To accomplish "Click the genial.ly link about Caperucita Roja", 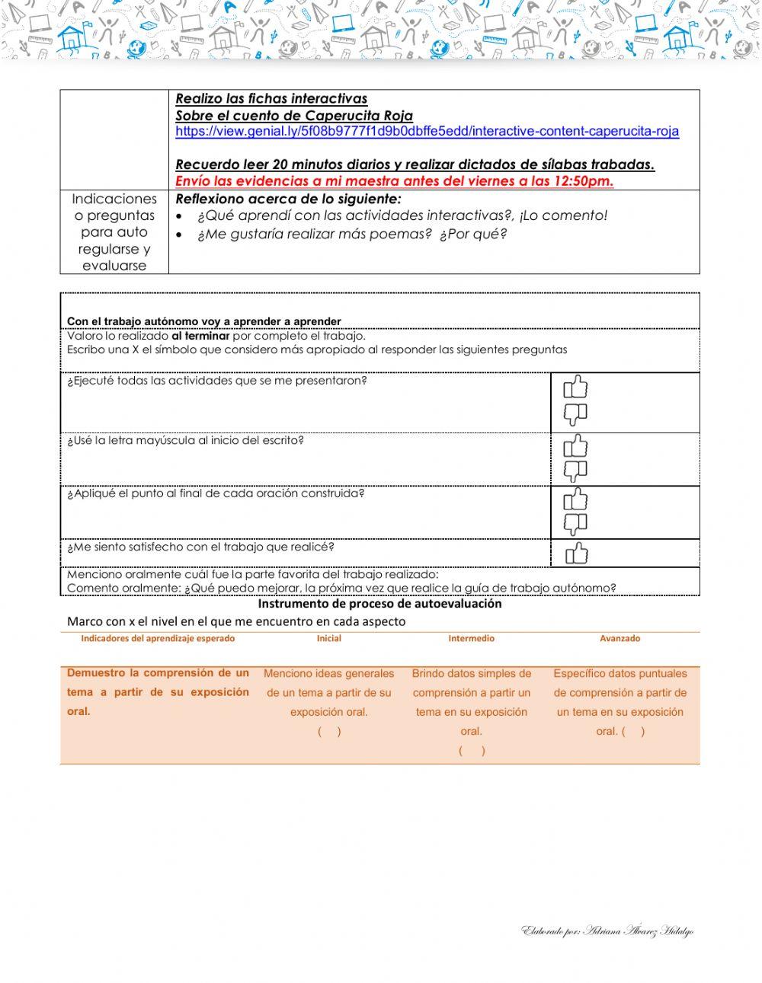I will click(x=427, y=132).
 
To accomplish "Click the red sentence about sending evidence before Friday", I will click(x=394, y=181).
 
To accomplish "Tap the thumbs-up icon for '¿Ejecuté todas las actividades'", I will click(x=575, y=388).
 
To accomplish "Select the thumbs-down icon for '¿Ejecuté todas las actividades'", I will click(x=575, y=415).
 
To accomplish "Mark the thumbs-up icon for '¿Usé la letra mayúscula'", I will click(x=575, y=445).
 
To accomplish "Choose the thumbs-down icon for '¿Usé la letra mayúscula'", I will click(x=575, y=471).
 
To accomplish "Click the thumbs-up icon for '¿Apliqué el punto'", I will click(x=575, y=499).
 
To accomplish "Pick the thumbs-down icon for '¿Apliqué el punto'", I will click(x=575, y=525).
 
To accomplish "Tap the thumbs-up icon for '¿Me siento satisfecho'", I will click(x=576, y=554).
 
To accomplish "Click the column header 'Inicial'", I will click(x=328, y=639).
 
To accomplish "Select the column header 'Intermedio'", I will click(x=471, y=639).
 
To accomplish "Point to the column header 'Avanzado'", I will click(x=620, y=639).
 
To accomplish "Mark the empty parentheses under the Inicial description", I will click(x=329, y=732).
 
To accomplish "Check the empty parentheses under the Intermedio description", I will click(x=472, y=751).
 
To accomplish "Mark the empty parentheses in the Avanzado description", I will click(x=633, y=732).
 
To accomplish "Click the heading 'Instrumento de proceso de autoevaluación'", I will click(x=379, y=604).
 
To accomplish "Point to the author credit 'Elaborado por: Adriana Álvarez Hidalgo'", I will click(x=607, y=932).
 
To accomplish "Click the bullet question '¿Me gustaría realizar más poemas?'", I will click(x=352, y=235).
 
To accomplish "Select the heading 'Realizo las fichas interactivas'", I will click(x=271, y=99).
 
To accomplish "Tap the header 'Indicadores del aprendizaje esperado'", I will click(x=158, y=639).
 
